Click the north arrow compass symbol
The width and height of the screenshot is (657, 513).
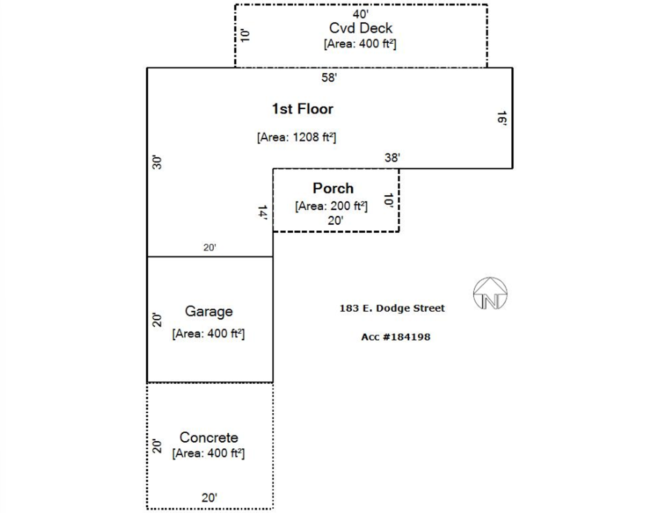[490, 294]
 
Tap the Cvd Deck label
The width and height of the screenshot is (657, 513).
[361, 28]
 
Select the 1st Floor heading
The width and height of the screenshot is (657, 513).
[302, 109]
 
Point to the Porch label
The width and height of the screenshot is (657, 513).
[333, 188]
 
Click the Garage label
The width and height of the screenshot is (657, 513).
[209, 311]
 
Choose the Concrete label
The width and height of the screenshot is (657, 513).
[209, 437]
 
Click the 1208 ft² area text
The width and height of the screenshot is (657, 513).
[297, 137]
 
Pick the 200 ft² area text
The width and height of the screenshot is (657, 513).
[331, 206]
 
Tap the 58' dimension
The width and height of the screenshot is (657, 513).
[329, 77]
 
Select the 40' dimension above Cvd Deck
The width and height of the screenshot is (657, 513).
[361, 14]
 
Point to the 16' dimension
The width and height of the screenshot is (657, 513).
[501, 118]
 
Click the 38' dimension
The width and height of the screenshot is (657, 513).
[392, 158]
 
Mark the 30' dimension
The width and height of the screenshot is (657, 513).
[157, 162]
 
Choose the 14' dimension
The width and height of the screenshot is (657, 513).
[262, 212]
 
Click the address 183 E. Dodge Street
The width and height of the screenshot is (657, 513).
[392, 308]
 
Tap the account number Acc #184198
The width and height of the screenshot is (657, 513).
[395, 337]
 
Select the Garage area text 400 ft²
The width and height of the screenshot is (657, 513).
[208, 333]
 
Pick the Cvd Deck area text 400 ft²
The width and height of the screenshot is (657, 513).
[360, 44]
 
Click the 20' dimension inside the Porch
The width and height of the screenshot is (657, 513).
[335, 220]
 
